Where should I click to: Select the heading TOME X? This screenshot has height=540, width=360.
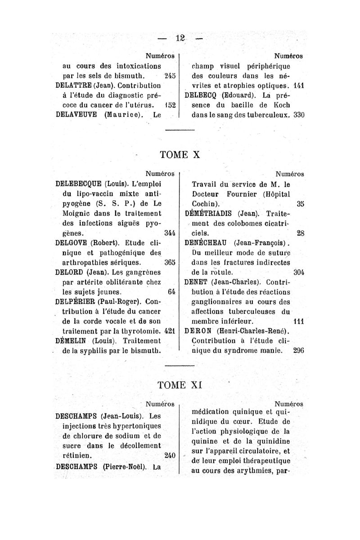click(x=180, y=154)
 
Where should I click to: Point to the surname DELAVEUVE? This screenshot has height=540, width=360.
click(x=76, y=114)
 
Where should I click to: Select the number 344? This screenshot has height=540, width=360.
click(x=170, y=233)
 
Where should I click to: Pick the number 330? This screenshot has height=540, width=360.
click(x=299, y=114)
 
